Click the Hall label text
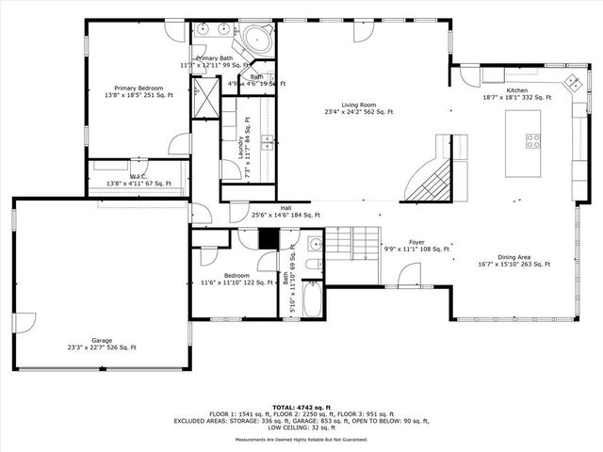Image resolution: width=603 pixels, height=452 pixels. tap(285, 208)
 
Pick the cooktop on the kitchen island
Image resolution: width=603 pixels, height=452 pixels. tap(532, 142)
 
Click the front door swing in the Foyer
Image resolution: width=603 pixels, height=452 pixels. tap(408, 275)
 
